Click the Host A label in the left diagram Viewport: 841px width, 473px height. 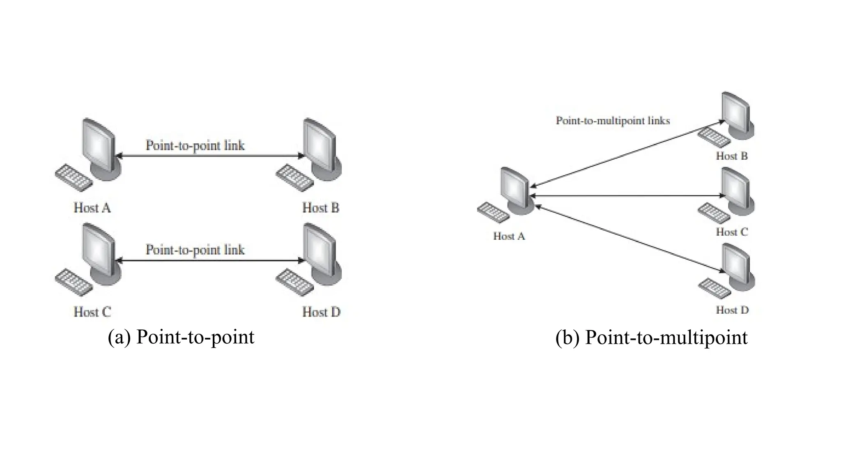(92, 208)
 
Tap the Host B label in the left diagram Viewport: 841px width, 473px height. (321, 208)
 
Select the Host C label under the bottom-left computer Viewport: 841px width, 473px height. (92, 312)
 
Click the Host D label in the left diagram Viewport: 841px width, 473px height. (321, 312)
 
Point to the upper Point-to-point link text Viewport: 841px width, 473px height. (195, 145)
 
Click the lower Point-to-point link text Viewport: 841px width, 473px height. (195, 250)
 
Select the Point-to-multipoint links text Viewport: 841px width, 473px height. (613, 121)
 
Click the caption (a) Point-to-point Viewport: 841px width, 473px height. (181, 337)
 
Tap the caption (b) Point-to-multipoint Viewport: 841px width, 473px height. (651, 337)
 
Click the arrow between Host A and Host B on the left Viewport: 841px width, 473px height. (209, 156)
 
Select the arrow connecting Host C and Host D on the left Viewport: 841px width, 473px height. (209, 260)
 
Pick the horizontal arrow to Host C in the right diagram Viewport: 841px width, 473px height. (628, 196)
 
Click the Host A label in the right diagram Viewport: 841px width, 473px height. (509, 236)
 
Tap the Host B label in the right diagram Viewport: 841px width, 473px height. (732, 156)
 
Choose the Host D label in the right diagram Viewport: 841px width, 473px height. (732, 310)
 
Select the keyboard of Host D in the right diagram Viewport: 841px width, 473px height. (715, 288)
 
